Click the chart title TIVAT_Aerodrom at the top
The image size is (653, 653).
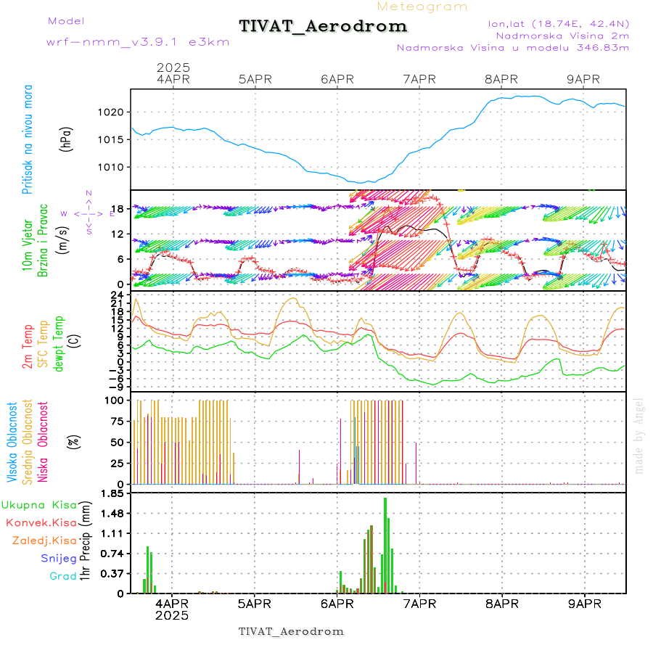coord(323,27)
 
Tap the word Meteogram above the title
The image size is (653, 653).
coord(422,7)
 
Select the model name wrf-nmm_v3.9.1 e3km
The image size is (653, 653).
coord(137,42)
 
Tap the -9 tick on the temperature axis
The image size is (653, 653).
coord(117,387)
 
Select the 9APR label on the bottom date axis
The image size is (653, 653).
coord(585,604)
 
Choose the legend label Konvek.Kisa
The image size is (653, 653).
coord(41,522)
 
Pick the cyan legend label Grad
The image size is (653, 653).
coord(63,576)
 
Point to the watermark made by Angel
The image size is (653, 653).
coord(639,435)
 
